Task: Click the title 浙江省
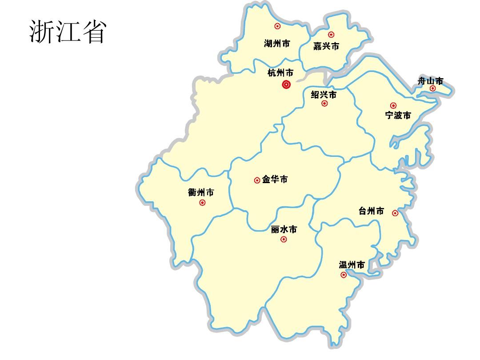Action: click(68, 32)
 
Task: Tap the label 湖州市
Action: click(277, 44)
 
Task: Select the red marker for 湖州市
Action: click(277, 26)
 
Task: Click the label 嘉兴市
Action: click(326, 46)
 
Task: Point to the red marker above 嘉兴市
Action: click(331, 35)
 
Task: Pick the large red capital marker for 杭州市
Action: click(286, 84)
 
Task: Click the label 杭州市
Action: click(280, 72)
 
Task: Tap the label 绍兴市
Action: click(324, 94)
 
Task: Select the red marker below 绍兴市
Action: click(324, 104)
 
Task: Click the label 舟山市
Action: click(430, 81)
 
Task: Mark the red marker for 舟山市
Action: click(432, 88)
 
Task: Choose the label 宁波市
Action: click(398, 116)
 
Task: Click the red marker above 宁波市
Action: click(393, 105)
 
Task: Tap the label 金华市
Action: click(275, 180)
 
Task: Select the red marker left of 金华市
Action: click(257, 180)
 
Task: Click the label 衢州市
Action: click(201, 192)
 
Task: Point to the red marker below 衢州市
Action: click(202, 203)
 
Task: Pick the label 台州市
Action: click(371, 211)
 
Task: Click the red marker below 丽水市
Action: click(284, 240)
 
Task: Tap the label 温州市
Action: click(352, 265)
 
